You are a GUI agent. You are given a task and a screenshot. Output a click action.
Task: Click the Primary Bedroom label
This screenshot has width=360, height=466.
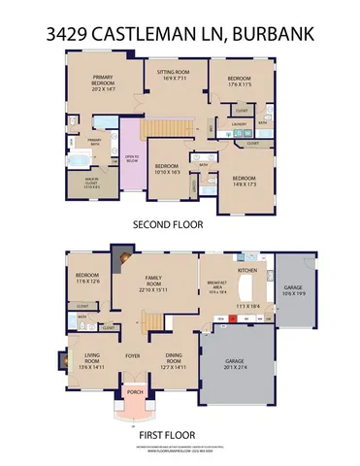(103, 81)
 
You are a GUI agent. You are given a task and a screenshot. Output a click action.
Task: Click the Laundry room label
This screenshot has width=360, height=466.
(237, 124)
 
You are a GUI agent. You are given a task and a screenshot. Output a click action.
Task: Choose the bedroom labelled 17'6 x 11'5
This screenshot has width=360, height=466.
(240, 83)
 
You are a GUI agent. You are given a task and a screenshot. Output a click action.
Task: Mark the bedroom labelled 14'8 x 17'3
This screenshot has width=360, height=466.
(243, 180)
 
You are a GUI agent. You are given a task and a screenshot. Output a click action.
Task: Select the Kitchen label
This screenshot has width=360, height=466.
(246, 268)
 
